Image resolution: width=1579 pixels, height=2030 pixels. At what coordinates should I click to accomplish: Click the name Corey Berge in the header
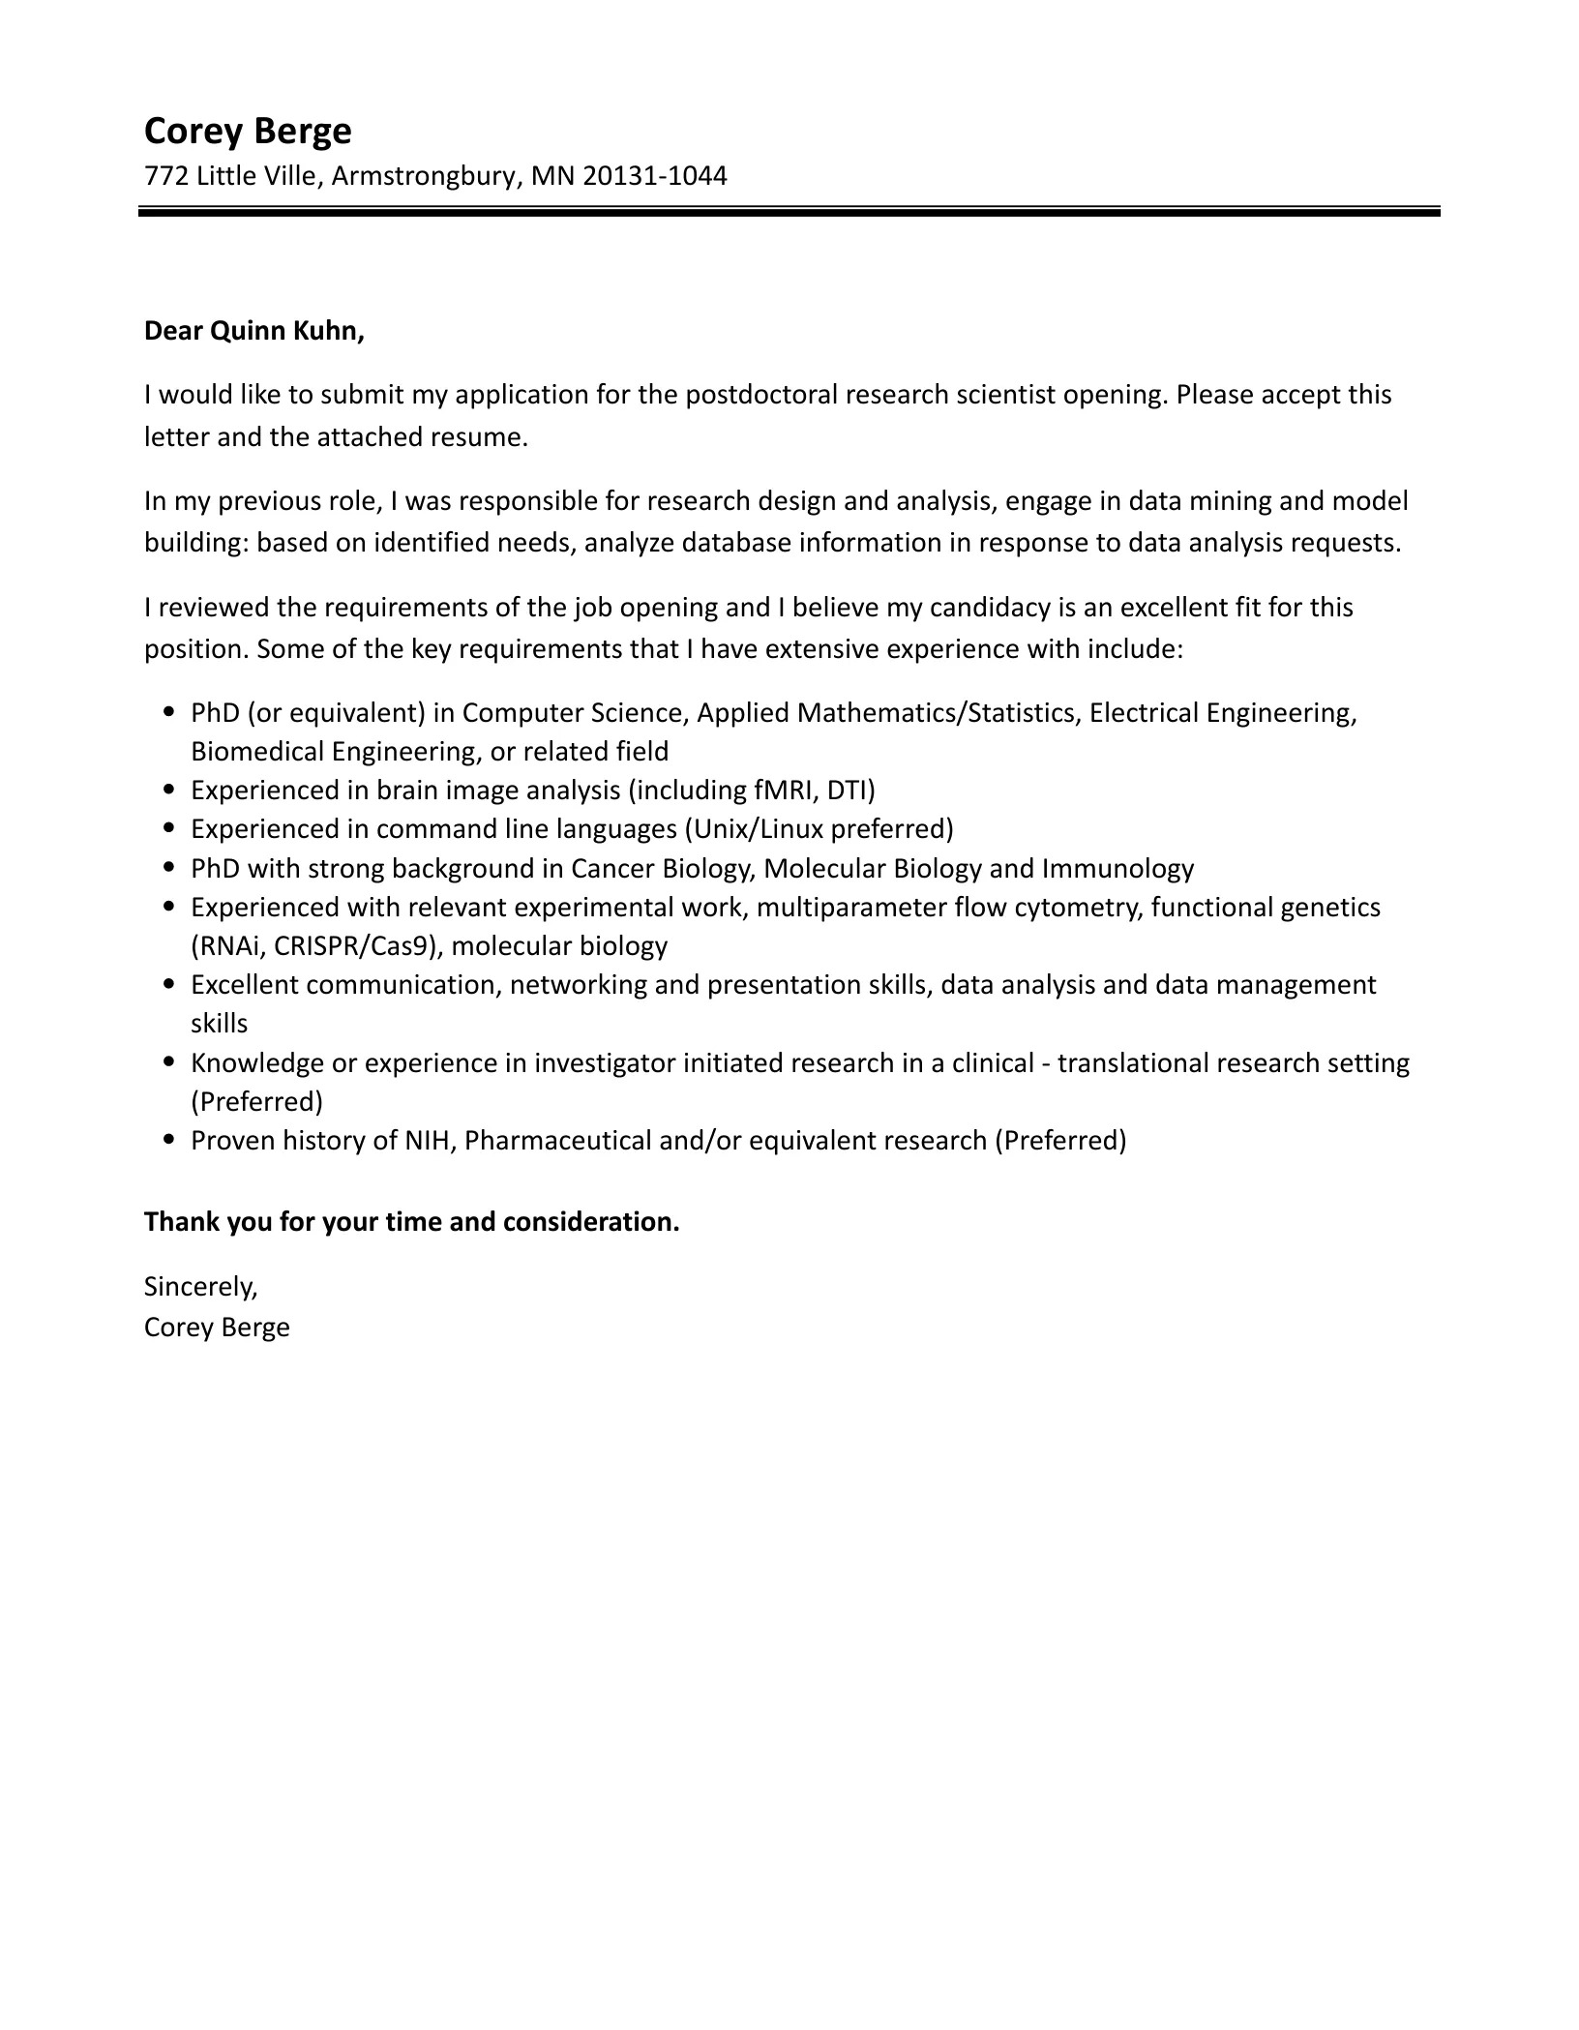click(248, 131)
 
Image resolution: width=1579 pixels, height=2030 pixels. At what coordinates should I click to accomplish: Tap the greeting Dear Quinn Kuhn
click(253, 331)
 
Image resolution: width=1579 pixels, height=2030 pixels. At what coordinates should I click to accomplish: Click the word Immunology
click(1117, 869)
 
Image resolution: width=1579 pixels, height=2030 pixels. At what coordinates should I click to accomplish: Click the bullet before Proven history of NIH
click(169, 1140)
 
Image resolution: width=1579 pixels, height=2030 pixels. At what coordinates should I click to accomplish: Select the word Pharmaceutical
click(556, 1141)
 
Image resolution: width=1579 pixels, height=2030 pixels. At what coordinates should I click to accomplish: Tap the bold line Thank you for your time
click(411, 1222)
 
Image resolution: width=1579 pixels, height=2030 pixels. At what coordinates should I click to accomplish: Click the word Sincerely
click(200, 1286)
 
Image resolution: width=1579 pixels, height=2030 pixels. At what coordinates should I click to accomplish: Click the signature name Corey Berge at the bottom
click(217, 1327)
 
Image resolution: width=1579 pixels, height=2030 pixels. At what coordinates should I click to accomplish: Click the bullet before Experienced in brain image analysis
click(169, 790)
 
